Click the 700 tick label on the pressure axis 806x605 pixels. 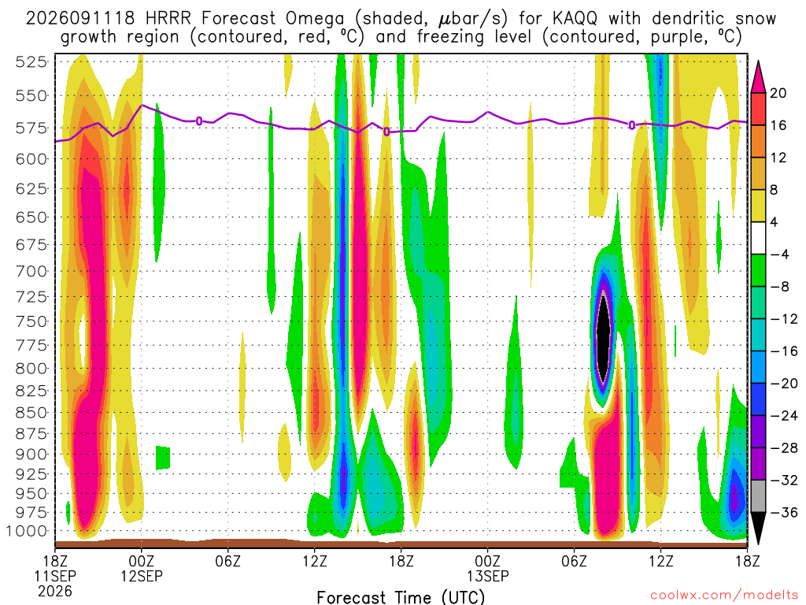click(x=31, y=271)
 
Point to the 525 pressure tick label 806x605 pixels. click(x=31, y=62)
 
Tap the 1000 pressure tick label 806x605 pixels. click(x=27, y=532)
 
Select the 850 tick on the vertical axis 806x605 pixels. click(x=31, y=413)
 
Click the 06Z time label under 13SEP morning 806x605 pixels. click(x=574, y=561)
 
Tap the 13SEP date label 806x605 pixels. click(x=488, y=576)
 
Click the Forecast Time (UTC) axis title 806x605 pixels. click(x=401, y=597)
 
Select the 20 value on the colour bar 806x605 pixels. click(x=778, y=93)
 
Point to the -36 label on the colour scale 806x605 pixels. click(x=784, y=512)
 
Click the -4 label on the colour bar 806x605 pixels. click(x=780, y=254)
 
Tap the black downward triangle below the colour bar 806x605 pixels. click(x=758, y=527)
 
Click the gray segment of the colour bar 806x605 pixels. click(x=758, y=496)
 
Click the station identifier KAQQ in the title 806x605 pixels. click(x=575, y=19)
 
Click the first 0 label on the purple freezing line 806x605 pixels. click(x=199, y=121)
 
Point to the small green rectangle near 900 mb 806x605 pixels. click(x=163, y=458)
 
